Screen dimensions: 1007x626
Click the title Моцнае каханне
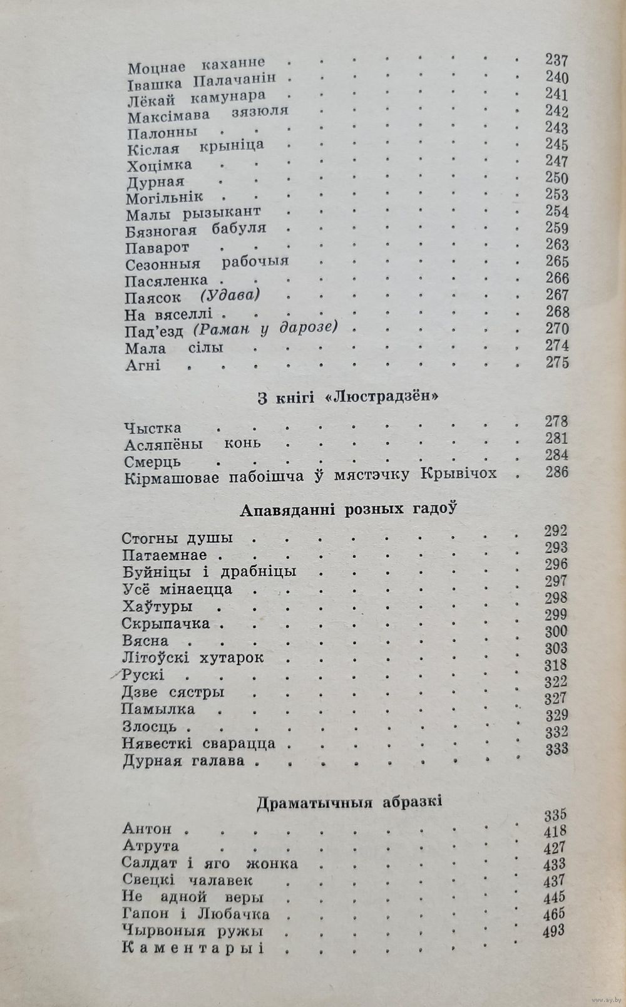click(196, 64)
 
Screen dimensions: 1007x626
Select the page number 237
click(556, 61)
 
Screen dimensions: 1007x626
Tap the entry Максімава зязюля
click(207, 115)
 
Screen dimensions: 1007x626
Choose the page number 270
click(556, 329)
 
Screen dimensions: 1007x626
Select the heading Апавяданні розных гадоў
click(347, 509)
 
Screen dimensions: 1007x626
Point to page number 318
click(555, 664)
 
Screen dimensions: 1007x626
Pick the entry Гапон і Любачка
click(196, 914)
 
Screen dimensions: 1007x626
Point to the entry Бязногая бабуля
click(195, 229)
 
